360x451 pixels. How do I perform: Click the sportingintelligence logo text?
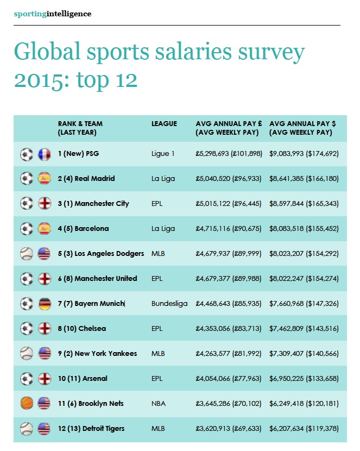coord(53,14)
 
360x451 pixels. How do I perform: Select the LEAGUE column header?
coord(164,124)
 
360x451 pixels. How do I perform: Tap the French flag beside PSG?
coord(45,154)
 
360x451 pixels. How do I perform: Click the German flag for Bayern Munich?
coord(45,304)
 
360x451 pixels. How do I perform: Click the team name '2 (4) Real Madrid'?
coord(86,179)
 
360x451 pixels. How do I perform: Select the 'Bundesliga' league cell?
coord(169,304)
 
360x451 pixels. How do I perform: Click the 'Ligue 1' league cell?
coord(163,154)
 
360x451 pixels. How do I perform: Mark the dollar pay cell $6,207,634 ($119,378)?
coord(304,429)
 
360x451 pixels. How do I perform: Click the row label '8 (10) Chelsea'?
coord(82,329)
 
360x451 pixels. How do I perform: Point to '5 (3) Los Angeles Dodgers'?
coord(101,254)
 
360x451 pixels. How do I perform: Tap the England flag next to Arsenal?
coord(45,379)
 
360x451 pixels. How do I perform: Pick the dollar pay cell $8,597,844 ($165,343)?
coord(304,204)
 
